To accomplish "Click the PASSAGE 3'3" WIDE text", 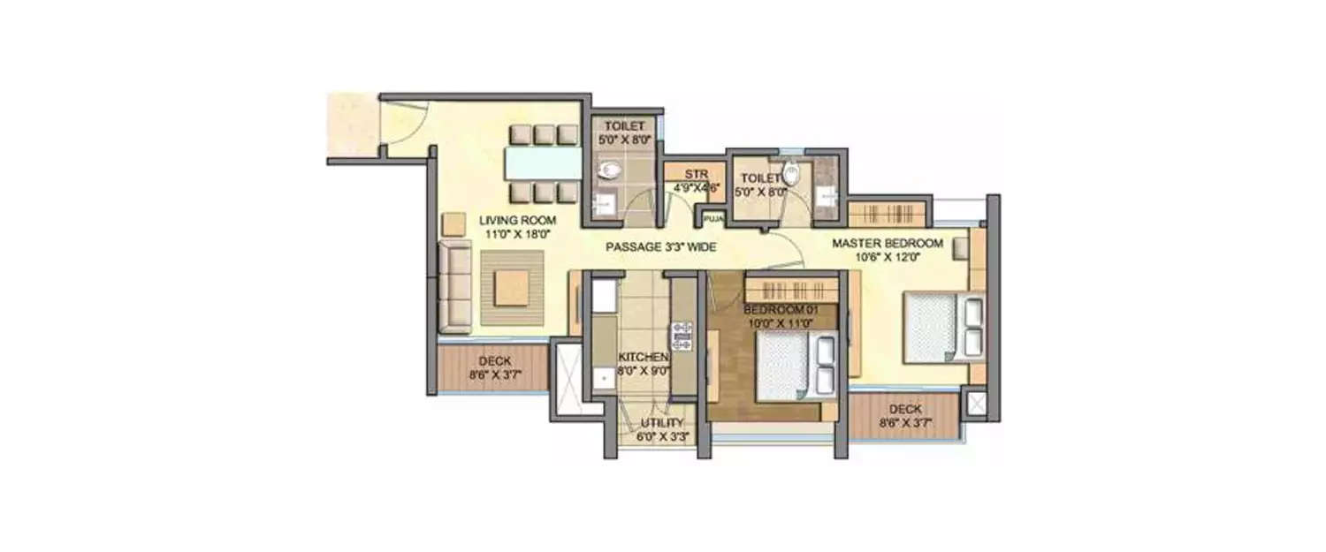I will tap(660, 247).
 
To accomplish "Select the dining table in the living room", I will tap(542, 163).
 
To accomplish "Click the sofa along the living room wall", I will tap(454, 288).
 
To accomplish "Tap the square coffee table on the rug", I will tap(511, 288).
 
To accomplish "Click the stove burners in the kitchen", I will tap(682, 336).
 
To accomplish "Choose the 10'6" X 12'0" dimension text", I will tap(887, 258).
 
